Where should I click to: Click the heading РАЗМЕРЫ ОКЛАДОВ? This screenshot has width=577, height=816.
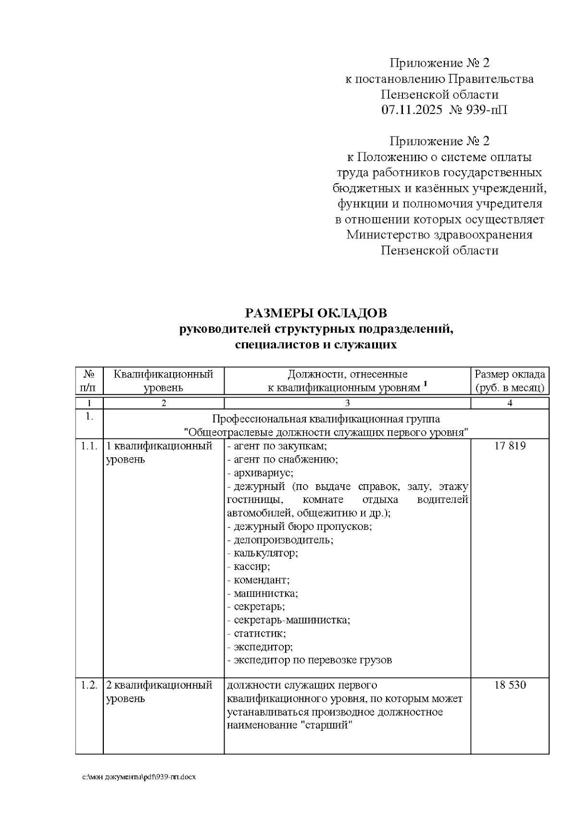tap(316, 314)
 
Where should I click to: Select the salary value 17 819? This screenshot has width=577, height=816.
tap(510, 446)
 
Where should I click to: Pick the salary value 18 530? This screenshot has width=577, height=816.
tap(510, 685)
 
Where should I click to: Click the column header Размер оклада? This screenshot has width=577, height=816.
tap(510, 375)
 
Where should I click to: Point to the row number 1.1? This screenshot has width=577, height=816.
tap(89, 446)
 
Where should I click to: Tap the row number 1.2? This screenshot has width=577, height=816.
tap(89, 685)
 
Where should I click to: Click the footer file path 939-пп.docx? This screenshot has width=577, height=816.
tap(139, 778)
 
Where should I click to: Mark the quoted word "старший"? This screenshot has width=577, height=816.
tap(326, 725)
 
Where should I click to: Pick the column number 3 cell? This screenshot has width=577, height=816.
tap(347, 403)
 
